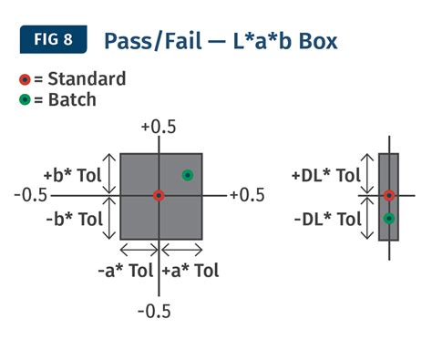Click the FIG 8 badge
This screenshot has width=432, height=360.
(x=54, y=39)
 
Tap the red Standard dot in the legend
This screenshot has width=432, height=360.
(x=25, y=79)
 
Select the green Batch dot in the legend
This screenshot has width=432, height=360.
(x=25, y=99)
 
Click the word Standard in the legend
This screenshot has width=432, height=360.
(x=87, y=79)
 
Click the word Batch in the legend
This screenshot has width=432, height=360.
(x=72, y=99)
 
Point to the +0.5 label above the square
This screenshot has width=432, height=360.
(x=159, y=127)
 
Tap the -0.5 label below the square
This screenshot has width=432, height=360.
(x=154, y=312)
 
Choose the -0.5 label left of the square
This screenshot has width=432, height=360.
(x=31, y=195)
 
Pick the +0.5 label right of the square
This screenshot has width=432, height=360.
(x=247, y=195)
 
